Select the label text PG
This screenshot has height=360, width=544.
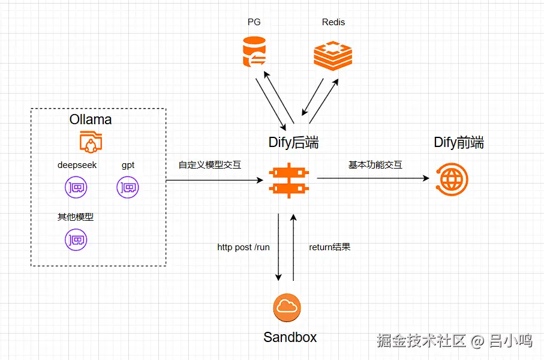click(254, 22)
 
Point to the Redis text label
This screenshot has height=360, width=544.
click(333, 22)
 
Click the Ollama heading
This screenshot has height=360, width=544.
click(91, 119)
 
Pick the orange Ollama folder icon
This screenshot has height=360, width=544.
click(91, 142)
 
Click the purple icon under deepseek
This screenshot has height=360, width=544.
click(76, 188)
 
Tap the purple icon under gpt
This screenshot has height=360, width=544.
click(128, 188)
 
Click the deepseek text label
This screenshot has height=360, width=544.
click(77, 164)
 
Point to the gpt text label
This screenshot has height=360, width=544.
click(128, 164)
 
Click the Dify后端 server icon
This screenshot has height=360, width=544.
click(290, 178)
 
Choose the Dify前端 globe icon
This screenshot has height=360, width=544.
click(452, 178)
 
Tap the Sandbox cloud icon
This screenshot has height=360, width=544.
click(287, 308)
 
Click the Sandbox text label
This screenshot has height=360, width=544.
click(290, 337)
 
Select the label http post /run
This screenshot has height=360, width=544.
click(244, 247)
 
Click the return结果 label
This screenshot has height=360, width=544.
click(329, 247)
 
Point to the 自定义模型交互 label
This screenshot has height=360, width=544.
click(209, 164)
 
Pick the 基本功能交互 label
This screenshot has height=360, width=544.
click(375, 164)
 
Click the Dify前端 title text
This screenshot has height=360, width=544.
click(459, 143)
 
